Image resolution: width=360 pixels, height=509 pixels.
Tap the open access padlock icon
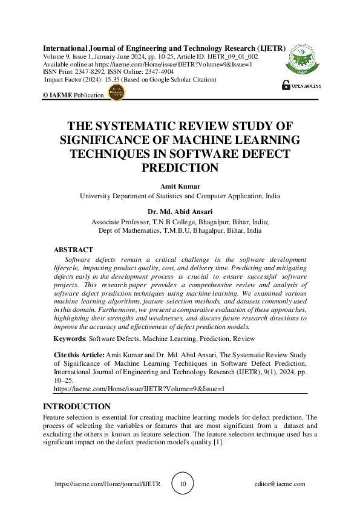(x=286, y=86)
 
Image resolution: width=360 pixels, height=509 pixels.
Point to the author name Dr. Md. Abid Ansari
(x=180, y=212)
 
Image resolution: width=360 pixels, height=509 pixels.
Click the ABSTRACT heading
(x=73, y=250)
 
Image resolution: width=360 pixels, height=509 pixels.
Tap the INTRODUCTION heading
(x=77, y=406)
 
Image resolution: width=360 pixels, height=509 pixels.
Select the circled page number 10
(x=182, y=484)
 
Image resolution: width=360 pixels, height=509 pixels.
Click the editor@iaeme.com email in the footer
(x=280, y=484)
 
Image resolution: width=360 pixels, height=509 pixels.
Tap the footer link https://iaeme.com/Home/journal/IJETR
(x=107, y=484)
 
